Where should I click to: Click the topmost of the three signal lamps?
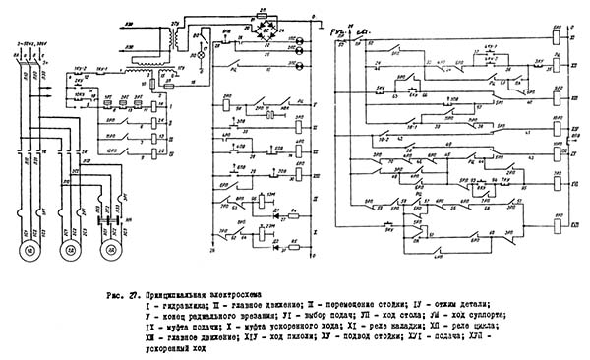coord(299,34)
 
